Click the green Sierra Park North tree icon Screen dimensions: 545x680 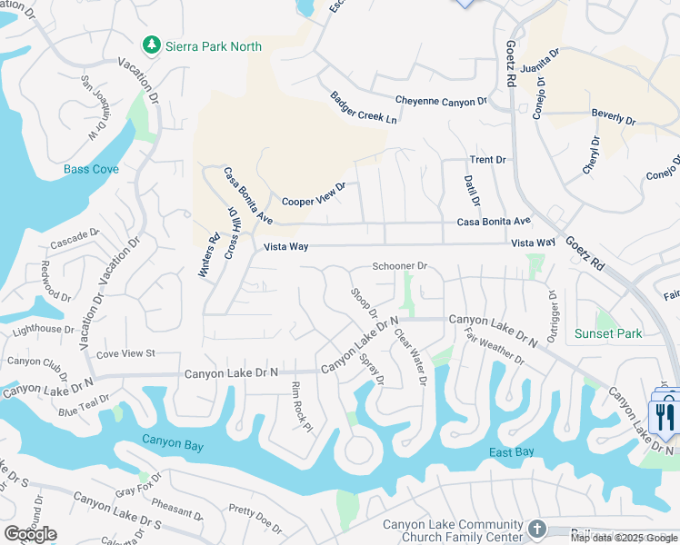[152, 45]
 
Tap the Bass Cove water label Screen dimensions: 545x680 [91, 170]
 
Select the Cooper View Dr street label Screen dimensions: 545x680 [314, 194]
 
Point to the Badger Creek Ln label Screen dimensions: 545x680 [364, 108]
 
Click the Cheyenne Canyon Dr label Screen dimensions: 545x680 [441, 102]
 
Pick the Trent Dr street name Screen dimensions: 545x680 [487, 160]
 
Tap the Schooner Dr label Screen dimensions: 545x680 [399, 266]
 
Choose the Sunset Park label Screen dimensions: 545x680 [608, 333]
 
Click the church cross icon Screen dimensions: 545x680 [537, 528]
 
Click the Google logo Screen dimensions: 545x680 [30, 534]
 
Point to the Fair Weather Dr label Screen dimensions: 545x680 [495, 348]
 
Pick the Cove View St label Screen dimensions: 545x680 [125, 352]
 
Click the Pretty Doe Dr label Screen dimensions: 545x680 [256, 518]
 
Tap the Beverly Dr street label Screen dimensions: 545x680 [614, 117]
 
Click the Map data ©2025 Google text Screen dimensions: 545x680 [624, 538]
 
